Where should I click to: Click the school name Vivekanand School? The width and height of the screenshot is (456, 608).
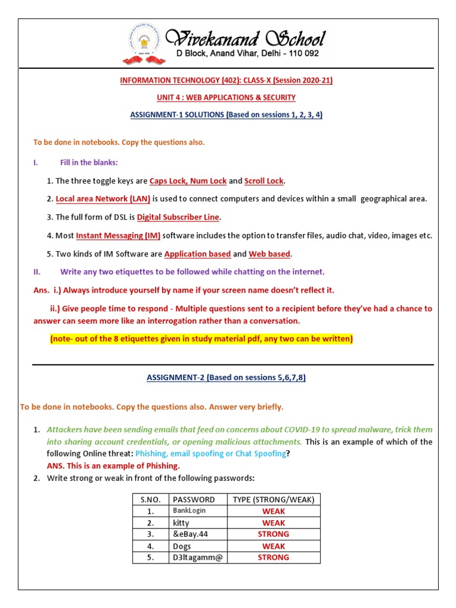point(245,39)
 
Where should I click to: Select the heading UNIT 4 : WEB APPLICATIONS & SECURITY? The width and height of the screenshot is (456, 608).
point(227,97)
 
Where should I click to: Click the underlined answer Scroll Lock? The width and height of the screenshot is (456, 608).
point(264,180)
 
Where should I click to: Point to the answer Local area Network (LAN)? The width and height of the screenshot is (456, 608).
point(103,198)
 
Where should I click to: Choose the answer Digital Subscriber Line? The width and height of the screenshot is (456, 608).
point(178,217)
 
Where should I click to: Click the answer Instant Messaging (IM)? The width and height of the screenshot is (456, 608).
point(118,235)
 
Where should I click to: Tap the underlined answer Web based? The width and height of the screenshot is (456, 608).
point(269,254)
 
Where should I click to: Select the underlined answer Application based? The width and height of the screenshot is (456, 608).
point(198,254)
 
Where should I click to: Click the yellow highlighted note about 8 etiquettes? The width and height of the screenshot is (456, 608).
point(201,338)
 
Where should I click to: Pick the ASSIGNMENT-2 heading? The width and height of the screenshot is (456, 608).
point(226,377)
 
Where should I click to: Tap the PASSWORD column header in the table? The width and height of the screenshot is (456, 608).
point(193,499)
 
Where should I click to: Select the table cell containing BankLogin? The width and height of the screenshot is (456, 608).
point(191,511)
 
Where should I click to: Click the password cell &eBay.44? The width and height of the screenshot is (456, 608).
point(191,534)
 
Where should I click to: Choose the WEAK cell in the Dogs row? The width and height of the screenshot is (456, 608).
point(274,546)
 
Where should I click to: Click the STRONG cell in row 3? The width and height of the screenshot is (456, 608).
point(274,534)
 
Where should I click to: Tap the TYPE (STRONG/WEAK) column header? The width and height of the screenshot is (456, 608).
point(274,499)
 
